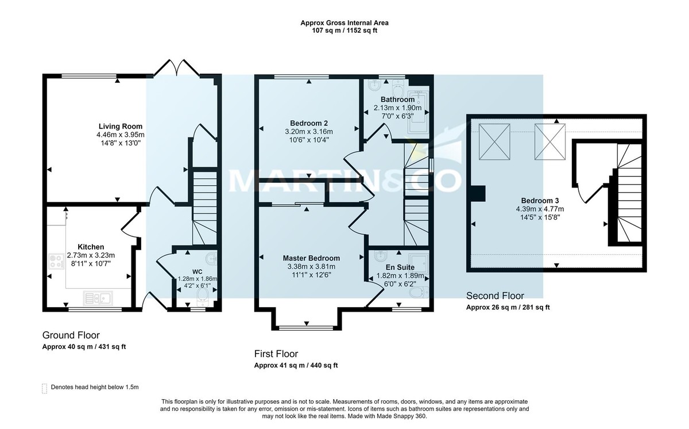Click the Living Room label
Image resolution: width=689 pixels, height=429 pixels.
click(x=120, y=127)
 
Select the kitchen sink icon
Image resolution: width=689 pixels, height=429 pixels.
click(x=99, y=298)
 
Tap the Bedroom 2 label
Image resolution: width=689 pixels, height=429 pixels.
click(x=309, y=122)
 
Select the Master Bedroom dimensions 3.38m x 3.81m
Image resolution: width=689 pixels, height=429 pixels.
click(x=311, y=266)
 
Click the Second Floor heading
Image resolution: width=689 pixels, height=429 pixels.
click(x=494, y=296)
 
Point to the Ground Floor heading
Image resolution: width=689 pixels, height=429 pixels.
click(x=71, y=335)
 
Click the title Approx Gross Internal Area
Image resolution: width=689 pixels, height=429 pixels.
click(x=344, y=23)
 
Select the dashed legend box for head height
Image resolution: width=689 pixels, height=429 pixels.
click(x=45, y=388)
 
